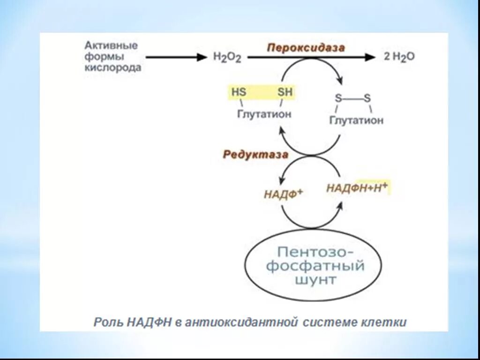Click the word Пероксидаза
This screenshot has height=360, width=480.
point(306,48)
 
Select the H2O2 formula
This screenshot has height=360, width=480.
point(227,58)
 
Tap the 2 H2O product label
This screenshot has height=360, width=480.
point(399,57)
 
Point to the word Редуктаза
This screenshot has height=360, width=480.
point(255,155)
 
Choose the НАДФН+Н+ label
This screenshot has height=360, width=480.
point(357,187)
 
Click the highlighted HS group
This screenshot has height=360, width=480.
point(239,92)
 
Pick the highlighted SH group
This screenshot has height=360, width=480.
point(285,92)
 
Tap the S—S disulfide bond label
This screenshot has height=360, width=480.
point(352,98)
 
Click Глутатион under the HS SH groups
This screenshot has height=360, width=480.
point(264,114)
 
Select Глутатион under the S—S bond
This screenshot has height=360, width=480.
point(356,120)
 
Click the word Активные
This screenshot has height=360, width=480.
point(111,46)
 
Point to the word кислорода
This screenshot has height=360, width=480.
point(113,67)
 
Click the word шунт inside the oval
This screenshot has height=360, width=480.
point(315,280)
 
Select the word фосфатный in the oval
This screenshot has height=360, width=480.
point(315,266)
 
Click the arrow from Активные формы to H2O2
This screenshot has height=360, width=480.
point(176,57)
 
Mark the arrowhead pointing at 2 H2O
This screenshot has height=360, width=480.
point(371,57)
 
